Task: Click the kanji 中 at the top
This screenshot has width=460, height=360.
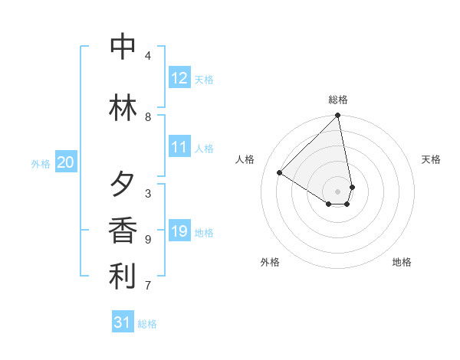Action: click(123, 47)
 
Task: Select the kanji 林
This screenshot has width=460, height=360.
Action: click(123, 106)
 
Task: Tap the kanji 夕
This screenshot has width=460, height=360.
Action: click(123, 185)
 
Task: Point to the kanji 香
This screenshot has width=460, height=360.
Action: click(123, 230)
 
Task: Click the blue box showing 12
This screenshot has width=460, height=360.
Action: click(179, 78)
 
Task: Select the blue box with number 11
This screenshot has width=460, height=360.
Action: click(179, 147)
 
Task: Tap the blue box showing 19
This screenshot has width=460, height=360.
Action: click(179, 231)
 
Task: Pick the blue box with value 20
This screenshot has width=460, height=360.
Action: click(66, 162)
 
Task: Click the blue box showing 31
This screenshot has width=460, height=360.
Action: click(123, 322)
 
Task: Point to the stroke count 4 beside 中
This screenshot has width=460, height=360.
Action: click(148, 56)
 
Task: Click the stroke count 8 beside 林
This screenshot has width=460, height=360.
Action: click(148, 117)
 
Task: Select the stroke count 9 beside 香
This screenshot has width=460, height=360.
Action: click(148, 240)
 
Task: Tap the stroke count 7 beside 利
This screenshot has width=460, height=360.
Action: click(148, 286)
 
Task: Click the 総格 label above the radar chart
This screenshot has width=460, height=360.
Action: click(338, 100)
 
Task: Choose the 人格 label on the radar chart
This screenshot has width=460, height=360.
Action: click(245, 159)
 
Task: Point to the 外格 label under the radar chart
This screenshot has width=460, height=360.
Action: click(270, 262)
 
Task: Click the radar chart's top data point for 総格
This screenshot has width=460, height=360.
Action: click(337, 116)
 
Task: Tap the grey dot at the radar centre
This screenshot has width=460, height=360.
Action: click(337, 191)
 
